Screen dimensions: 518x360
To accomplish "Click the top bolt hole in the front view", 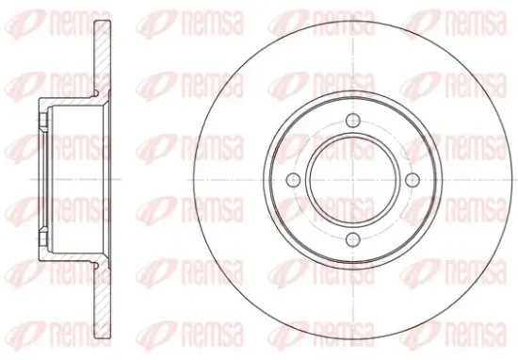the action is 353,120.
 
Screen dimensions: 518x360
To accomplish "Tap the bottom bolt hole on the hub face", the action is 353,239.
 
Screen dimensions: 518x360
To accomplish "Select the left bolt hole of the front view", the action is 293,180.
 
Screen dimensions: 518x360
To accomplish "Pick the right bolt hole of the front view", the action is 413,180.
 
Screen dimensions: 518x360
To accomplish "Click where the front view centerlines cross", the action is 353,180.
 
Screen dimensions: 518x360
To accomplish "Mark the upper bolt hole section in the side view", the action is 42,121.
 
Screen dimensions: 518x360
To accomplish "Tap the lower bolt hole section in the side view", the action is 42,239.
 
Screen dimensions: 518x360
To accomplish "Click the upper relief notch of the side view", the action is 96,94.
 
